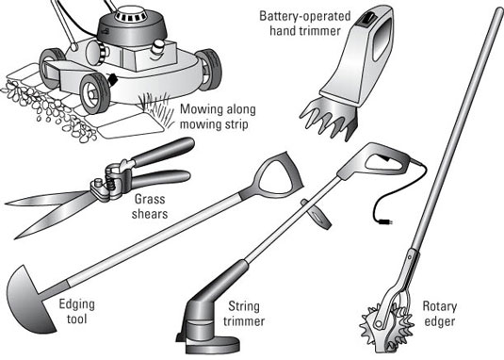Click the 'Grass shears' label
[150, 206]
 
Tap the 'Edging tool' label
[77, 311]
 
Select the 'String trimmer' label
[244, 314]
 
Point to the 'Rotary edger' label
[439, 314]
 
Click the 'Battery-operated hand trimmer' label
[304, 24]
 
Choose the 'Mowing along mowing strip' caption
[218, 116]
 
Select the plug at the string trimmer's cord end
[385, 221]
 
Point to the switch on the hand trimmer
[366, 18]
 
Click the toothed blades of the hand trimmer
[329, 120]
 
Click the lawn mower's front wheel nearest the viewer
[94, 93]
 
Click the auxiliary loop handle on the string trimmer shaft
[317, 214]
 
